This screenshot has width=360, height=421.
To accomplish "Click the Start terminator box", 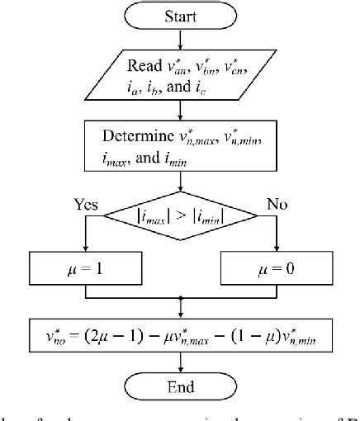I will coord(179,16).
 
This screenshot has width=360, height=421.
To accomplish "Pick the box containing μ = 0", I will coord(273,268).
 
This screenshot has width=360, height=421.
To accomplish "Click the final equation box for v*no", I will coord(179,338).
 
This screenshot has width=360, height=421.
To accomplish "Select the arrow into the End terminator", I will coord(179,365).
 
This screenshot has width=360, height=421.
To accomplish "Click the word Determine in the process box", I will coord(137,136).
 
